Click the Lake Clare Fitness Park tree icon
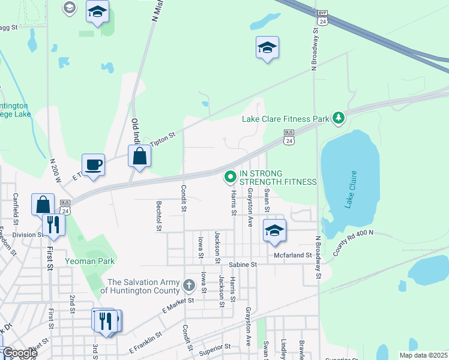339,118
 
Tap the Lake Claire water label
351,190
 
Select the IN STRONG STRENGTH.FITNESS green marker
229,177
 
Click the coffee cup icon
95,164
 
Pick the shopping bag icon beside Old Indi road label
139,157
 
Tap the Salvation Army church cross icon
189,284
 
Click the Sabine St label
243,264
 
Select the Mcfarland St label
294,255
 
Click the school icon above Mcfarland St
274,230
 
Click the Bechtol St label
160,216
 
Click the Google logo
19,353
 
